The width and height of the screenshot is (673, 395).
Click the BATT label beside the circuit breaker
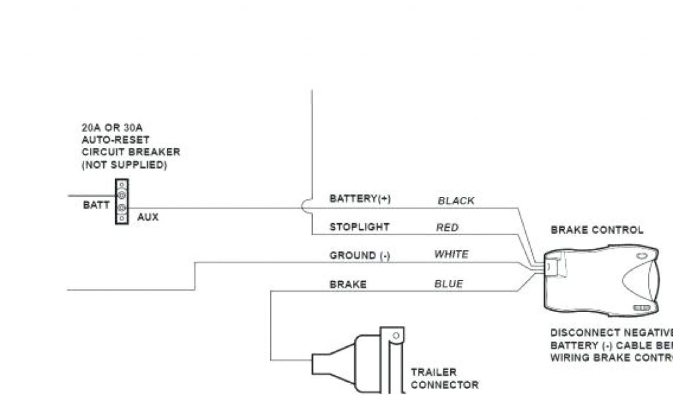coord(96,205)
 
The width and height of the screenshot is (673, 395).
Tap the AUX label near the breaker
coord(148,217)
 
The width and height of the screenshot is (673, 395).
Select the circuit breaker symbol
coord(122,201)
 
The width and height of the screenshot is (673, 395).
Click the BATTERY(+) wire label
coord(360,199)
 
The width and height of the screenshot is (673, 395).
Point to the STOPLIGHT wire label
coord(360,227)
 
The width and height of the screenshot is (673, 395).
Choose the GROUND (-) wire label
coord(360,255)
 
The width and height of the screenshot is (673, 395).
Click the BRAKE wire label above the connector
coord(348,284)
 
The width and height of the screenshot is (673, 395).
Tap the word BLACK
coord(456,201)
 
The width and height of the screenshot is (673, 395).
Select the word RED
coord(447,228)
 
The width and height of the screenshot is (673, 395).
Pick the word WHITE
coord(452,254)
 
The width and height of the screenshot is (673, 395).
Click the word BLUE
coord(448,284)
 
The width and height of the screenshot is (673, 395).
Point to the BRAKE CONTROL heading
coord(597,230)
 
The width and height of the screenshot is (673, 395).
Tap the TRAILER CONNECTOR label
coord(444,379)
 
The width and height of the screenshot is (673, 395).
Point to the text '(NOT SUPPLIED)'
coord(124,165)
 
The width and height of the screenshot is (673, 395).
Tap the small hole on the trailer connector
coord(395,335)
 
